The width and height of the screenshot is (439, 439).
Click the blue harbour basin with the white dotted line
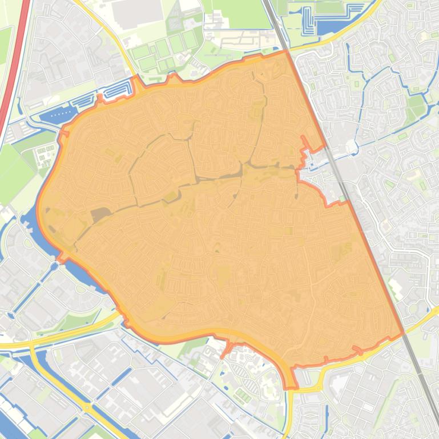(58, 115)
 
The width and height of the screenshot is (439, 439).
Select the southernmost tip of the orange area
(291, 388)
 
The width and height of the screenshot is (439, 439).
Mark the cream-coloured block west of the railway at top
(240, 40)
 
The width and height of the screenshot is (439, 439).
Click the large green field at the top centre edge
(237, 11)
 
